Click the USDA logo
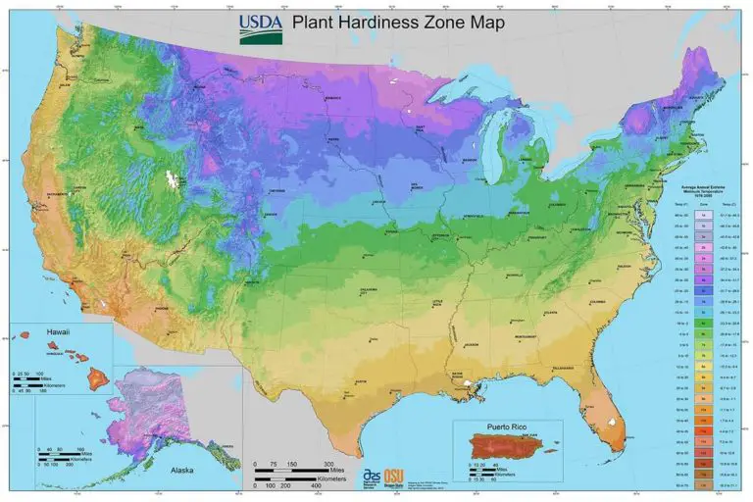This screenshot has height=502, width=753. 261,28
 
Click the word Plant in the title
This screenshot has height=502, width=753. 321,22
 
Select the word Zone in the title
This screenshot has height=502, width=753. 468,22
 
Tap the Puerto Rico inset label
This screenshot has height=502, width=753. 509,427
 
